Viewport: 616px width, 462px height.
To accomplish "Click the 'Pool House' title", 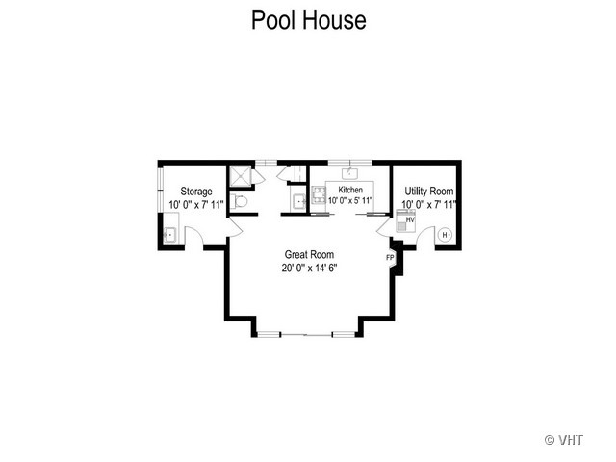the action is pyautogui.click(x=308, y=20).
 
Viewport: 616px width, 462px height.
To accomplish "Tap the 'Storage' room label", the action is pyautogui.click(x=196, y=192).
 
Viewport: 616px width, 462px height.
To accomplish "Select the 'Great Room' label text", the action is pyautogui.click(x=309, y=254).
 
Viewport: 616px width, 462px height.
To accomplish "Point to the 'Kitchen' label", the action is pyautogui.click(x=350, y=190).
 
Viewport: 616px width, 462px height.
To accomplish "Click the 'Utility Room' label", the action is pyautogui.click(x=429, y=192).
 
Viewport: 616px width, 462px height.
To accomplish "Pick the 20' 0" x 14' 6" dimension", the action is pyautogui.click(x=310, y=268).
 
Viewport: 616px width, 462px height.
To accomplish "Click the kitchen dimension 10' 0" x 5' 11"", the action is pyautogui.click(x=350, y=200).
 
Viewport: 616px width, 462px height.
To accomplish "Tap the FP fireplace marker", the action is pyautogui.click(x=390, y=258).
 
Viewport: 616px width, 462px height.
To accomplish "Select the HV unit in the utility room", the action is pyautogui.click(x=405, y=221).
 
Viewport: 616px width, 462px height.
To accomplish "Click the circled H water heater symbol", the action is pyautogui.click(x=445, y=235).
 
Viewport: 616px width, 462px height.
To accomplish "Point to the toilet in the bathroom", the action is pyautogui.click(x=239, y=201).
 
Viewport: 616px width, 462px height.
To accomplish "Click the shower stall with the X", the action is pyautogui.click(x=241, y=175).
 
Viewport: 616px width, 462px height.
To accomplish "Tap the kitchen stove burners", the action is pyautogui.click(x=319, y=194).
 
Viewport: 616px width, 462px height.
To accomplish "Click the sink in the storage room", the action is pyautogui.click(x=170, y=235).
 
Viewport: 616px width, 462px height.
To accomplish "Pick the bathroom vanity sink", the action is pyautogui.click(x=299, y=202).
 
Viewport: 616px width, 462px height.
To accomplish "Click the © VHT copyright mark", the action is pyautogui.click(x=563, y=440).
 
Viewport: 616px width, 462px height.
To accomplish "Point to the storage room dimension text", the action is pyautogui.click(x=196, y=205).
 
